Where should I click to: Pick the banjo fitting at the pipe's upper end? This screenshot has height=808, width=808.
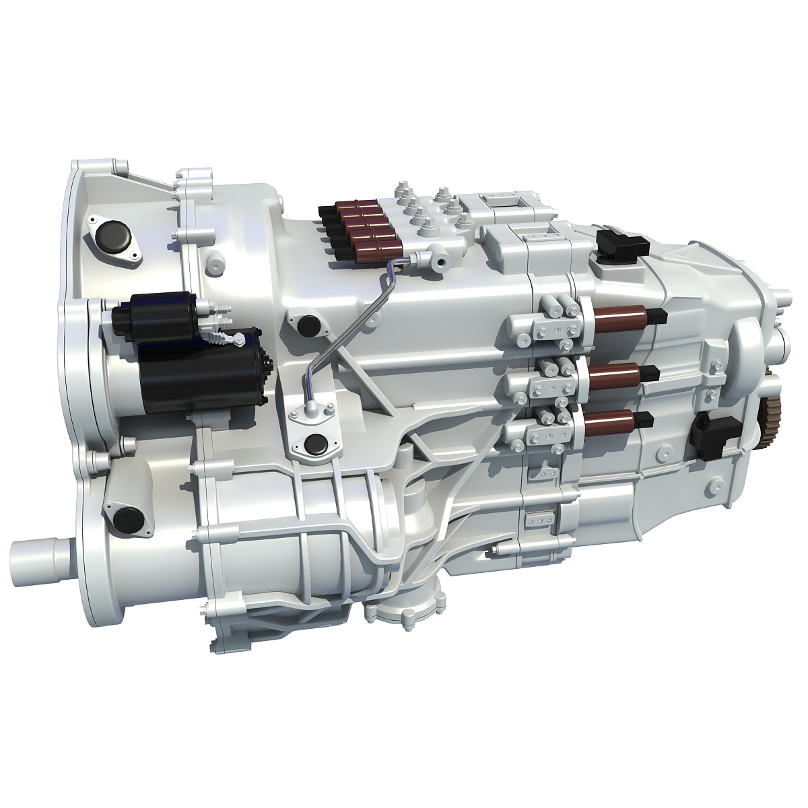click(428, 255)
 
